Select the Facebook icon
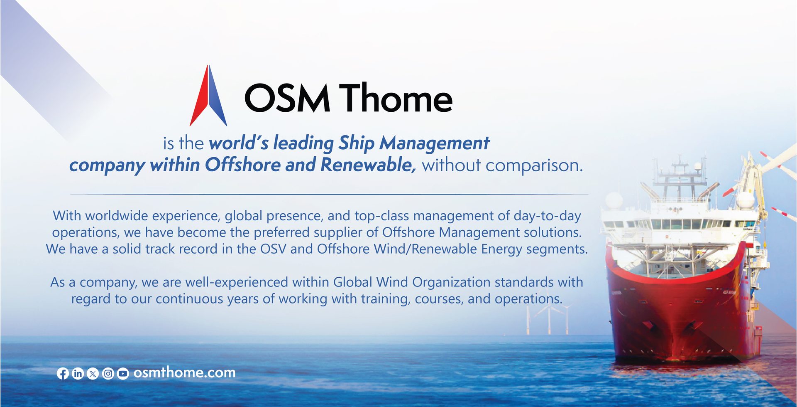pos(63,373)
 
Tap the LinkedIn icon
pos(78,373)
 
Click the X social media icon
pos(93,373)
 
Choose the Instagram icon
pos(108,373)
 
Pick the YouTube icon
pos(123,373)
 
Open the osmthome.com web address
pos(184,372)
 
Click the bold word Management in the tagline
pos(435,143)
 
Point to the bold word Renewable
pos(368,165)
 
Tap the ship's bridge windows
pos(681,224)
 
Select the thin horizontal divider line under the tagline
pos(329,194)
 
